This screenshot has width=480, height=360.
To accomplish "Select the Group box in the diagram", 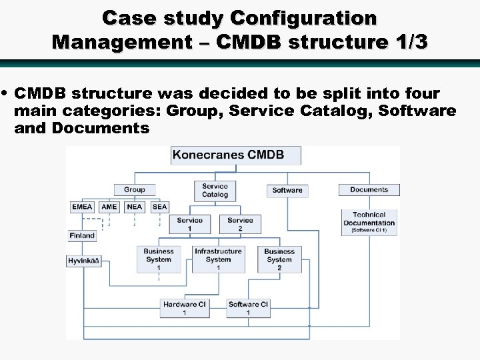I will (x=134, y=189).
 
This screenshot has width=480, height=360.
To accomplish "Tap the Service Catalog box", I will (x=215, y=191).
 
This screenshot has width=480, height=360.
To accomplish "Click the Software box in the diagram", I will (x=287, y=190).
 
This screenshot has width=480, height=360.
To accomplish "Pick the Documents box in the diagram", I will (x=369, y=189).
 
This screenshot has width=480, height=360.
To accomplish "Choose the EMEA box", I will (x=82, y=207).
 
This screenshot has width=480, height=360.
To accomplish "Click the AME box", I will (x=109, y=207).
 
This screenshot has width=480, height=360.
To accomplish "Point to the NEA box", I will (x=135, y=207).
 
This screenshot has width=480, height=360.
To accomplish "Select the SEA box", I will (x=159, y=207).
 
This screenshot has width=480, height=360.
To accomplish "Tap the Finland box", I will (x=82, y=235).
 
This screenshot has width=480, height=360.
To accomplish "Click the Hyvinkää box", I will (x=84, y=261).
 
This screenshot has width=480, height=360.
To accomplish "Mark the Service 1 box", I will (x=189, y=224).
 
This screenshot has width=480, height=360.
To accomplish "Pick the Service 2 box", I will (x=240, y=224).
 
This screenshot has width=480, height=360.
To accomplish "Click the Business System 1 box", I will (x=158, y=259).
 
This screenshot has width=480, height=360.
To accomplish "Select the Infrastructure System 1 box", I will (x=218, y=259).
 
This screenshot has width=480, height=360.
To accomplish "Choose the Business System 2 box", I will (x=279, y=259).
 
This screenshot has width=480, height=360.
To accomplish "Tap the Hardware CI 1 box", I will (x=185, y=308).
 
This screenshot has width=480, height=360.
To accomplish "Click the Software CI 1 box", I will (x=248, y=308).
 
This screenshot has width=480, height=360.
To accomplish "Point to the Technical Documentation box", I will (x=369, y=222).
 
